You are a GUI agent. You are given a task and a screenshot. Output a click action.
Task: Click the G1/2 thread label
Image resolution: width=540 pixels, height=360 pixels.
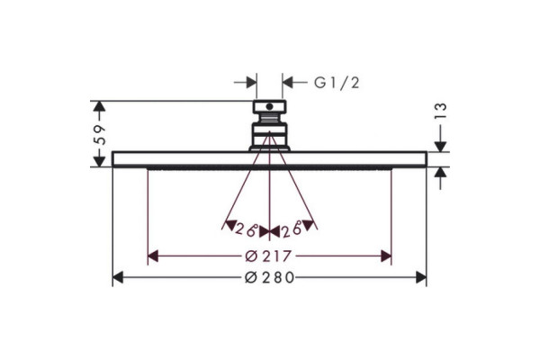(x=337, y=83)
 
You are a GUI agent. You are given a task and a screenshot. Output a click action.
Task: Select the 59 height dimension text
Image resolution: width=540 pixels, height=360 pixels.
(x=100, y=134)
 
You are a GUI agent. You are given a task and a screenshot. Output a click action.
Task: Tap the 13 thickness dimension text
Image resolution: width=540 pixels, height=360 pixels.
(x=440, y=111)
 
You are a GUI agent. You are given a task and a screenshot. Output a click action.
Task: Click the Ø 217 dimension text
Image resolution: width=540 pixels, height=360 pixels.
(x=268, y=256)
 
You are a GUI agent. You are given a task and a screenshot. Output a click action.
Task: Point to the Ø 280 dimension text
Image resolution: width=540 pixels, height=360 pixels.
(x=269, y=277)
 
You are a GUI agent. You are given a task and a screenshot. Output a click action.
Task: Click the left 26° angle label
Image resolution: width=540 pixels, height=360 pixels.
(x=247, y=229)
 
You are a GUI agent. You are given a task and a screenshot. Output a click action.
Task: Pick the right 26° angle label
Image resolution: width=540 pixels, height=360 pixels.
(x=292, y=229)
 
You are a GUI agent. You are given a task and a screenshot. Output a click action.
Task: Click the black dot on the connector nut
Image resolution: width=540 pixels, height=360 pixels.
(x=269, y=106)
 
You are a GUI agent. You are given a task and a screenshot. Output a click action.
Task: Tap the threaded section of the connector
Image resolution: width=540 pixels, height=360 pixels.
(x=270, y=118)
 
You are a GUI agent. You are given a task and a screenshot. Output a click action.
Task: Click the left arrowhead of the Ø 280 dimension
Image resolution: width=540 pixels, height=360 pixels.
(x=118, y=277)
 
